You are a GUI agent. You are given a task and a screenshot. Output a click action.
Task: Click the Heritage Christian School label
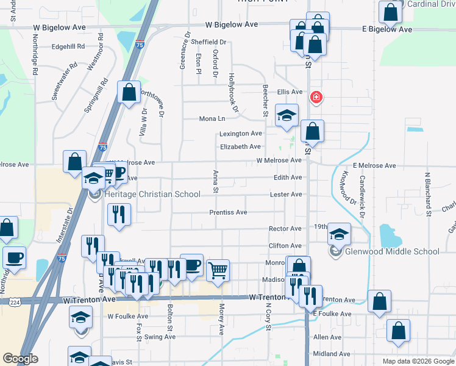point(152,194)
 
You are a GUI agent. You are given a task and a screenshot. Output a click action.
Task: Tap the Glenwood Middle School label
point(393,251)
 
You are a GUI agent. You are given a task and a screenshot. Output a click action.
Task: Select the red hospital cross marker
point(316,97)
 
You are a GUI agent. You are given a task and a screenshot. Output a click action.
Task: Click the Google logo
point(20,359)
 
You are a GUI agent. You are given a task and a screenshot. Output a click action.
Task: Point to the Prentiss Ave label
point(228,212)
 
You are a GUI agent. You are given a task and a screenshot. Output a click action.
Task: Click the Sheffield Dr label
point(208,42)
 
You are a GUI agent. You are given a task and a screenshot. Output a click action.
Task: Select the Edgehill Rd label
point(67,46)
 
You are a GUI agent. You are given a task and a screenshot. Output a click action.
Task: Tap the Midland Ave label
point(332,354)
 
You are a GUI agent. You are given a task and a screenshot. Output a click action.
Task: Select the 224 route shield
point(15,302)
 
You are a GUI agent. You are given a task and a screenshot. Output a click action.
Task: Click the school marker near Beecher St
point(287,115)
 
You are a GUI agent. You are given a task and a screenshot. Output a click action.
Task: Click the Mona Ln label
point(213,119)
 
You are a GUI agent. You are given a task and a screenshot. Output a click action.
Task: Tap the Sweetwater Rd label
point(65,81)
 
